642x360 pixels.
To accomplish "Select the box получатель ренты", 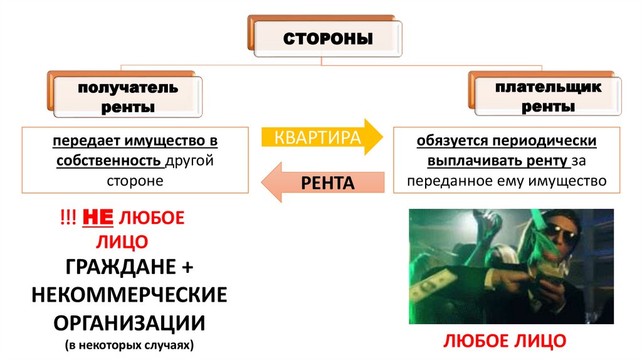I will click(x=127, y=97).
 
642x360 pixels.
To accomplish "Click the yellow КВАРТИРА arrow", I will click(x=320, y=137).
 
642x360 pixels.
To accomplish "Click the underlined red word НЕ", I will click(x=98, y=218).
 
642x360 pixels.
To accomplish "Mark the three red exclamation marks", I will click(x=65, y=219).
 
